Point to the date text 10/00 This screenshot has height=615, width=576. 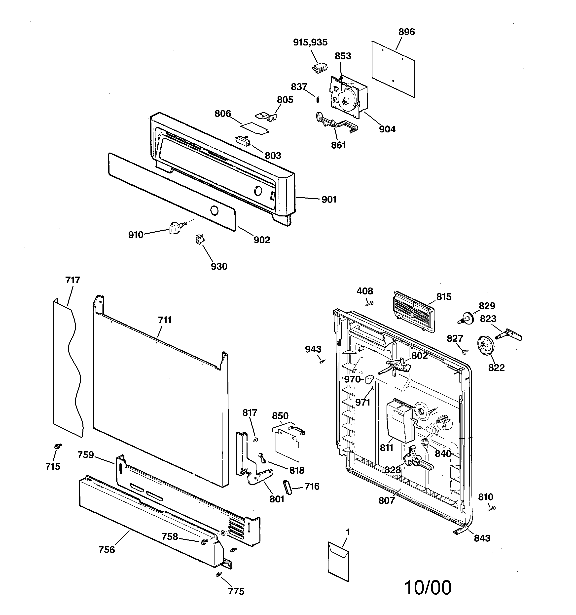click(428, 587)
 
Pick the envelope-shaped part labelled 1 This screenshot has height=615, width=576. click(338, 561)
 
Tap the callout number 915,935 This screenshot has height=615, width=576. click(310, 42)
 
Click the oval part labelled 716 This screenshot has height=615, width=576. click(287, 488)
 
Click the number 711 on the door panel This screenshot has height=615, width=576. click(165, 320)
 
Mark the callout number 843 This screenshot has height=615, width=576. click(482, 538)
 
